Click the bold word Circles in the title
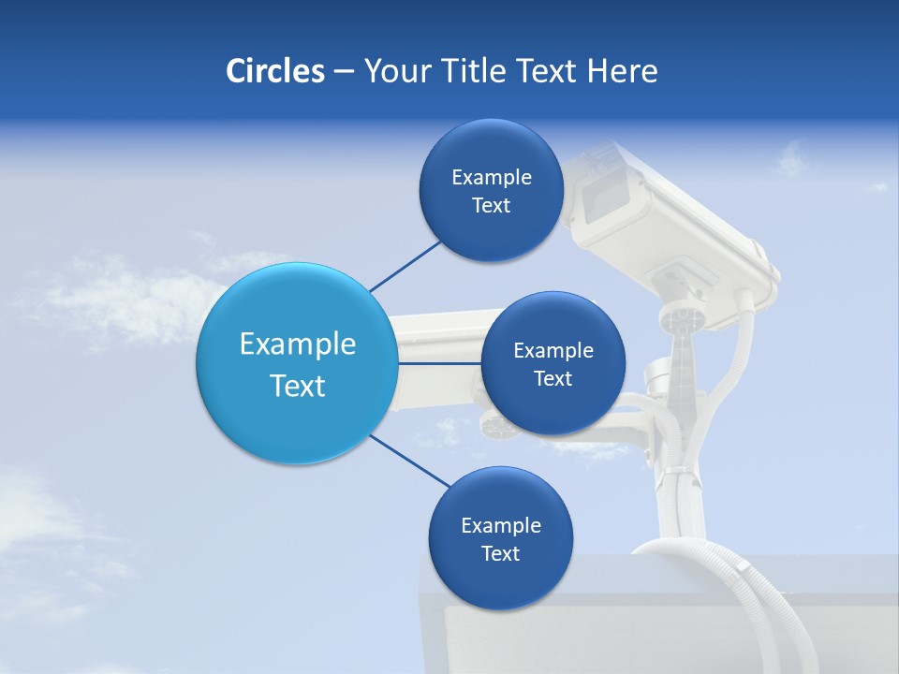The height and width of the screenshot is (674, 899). (274, 71)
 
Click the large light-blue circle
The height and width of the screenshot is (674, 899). (297, 363)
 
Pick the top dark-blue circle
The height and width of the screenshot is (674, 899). (491, 190)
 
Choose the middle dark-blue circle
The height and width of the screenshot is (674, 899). (553, 363)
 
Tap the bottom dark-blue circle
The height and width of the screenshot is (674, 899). (500, 538)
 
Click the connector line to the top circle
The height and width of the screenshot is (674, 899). (405, 264)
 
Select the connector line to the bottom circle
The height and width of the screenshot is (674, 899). (409, 461)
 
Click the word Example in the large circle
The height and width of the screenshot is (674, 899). (298, 344)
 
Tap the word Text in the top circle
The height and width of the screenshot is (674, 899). (491, 206)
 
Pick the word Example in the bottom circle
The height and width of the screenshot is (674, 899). (500, 525)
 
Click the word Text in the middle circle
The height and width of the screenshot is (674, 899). (553, 378)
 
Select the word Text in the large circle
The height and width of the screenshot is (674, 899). (298, 386)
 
